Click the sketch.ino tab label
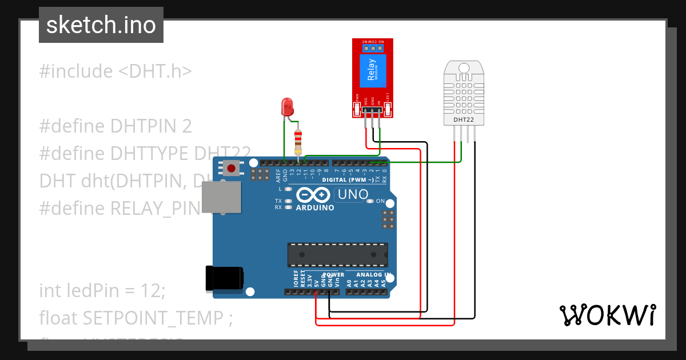click(x=101, y=25)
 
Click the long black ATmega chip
click(x=337, y=254)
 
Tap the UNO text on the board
click(x=353, y=194)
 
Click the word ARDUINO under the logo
click(x=315, y=207)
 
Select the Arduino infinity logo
click(x=313, y=195)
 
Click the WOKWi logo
click(x=607, y=315)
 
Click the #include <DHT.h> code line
click(x=115, y=71)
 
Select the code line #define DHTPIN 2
click(x=115, y=126)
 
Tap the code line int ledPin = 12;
click(x=102, y=290)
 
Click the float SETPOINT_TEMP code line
click(x=136, y=318)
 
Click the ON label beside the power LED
click(x=389, y=202)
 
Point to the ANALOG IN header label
click(x=374, y=275)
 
